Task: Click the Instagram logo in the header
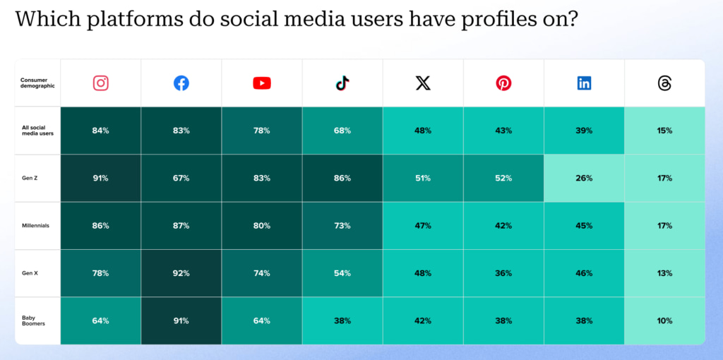pyautogui.click(x=101, y=83)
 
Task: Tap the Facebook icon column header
pyautogui.click(x=181, y=83)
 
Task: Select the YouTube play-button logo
pyautogui.click(x=262, y=83)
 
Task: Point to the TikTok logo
pyautogui.click(x=342, y=83)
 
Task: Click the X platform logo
pyautogui.click(x=423, y=83)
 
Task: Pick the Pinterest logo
pyautogui.click(x=503, y=83)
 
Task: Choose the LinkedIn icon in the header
pyautogui.click(x=584, y=83)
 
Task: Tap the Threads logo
pyautogui.click(x=664, y=83)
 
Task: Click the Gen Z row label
pyautogui.click(x=30, y=178)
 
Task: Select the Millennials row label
pyautogui.click(x=35, y=226)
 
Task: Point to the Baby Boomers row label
pyautogui.click(x=34, y=320)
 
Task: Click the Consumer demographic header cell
pyautogui.click(x=37, y=83)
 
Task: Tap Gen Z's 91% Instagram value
pyautogui.click(x=100, y=178)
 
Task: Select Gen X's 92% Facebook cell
pyautogui.click(x=181, y=273)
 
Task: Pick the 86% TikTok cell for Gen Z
pyautogui.click(x=342, y=178)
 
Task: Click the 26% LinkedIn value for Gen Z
pyautogui.click(x=584, y=178)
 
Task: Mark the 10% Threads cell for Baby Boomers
pyautogui.click(x=664, y=320)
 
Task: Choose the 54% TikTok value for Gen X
pyautogui.click(x=342, y=273)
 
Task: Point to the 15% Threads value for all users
pyautogui.click(x=664, y=131)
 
